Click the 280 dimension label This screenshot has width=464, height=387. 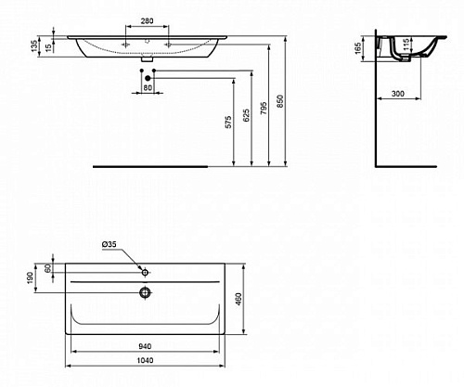147,21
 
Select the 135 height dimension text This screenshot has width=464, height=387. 34,45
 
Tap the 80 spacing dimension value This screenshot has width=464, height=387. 148,88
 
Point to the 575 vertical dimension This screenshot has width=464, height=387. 228,122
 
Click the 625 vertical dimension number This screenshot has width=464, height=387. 246,115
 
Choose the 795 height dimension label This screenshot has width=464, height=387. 264,109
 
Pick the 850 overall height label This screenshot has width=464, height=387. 280,101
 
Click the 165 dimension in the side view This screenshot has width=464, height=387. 357,48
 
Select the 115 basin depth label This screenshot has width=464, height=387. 406,44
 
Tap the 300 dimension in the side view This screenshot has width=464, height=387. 398,94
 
